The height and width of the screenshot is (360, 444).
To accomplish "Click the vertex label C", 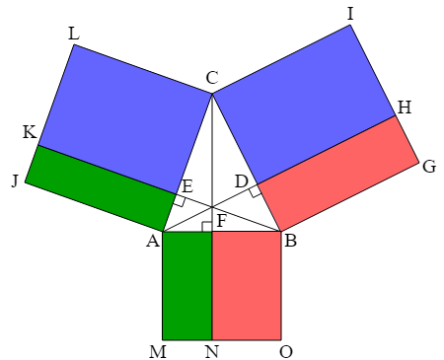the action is pos(212,78).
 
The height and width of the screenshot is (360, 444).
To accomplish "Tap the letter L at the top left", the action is pos(74,34).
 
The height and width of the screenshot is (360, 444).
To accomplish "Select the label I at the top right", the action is pos(350,14).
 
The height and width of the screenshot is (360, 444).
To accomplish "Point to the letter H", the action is pos(405,108).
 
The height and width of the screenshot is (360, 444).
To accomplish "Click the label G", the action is pos(429,167).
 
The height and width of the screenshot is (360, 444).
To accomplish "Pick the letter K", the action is pos(30,132).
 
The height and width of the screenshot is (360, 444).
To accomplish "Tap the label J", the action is pos(15,180).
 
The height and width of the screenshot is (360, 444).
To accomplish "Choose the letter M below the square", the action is pos(158,352).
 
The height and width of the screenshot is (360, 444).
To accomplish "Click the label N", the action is pos(212,352).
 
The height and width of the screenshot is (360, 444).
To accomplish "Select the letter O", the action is pos(286,352).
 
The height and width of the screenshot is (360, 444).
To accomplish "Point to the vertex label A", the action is pos(153,241).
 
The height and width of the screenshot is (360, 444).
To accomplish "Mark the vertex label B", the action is pos(291,241).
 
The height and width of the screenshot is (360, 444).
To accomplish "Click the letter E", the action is pos(187,186).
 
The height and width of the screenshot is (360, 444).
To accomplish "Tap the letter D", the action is pos(242,181).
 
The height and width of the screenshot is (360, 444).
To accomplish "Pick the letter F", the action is pos(222,221).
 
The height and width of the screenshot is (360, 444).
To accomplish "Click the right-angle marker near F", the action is pos(207,227).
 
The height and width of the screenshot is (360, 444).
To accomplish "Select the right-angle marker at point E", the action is pos(180,200).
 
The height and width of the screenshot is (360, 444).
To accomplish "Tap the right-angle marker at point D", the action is pos(256,191).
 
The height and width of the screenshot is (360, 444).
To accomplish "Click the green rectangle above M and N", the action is pos(187,285).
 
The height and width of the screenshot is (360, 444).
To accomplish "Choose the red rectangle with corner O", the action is pos(247,285).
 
